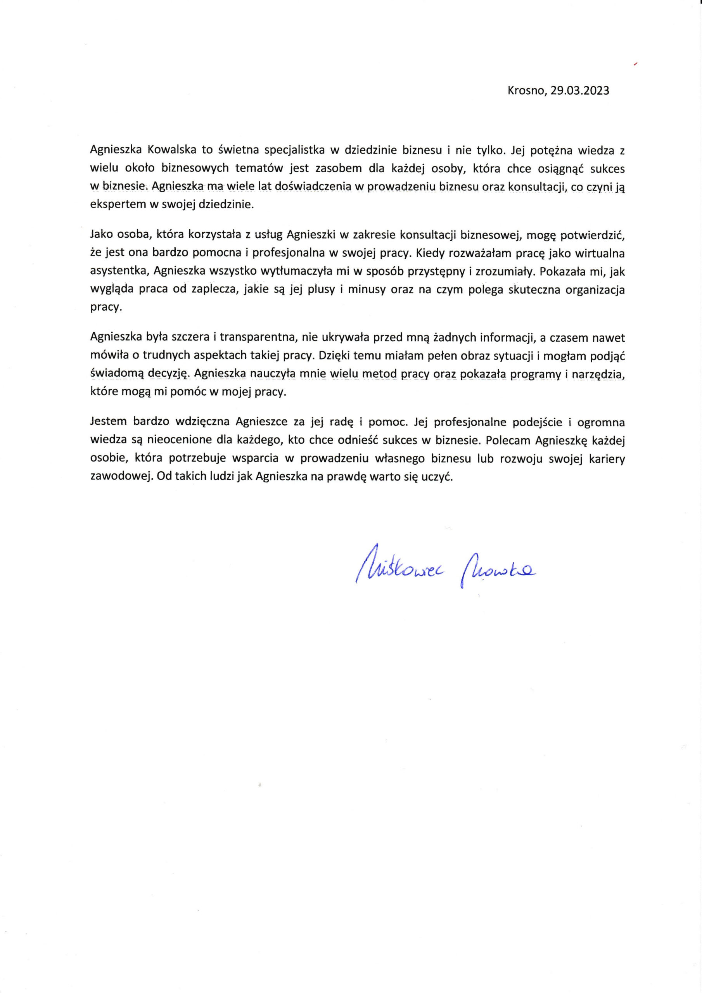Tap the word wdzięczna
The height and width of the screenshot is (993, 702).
(x=204, y=422)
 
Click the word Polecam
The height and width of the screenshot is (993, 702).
(x=507, y=440)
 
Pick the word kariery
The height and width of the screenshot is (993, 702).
(x=607, y=458)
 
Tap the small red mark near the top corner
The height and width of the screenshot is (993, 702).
(x=635, y=64)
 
